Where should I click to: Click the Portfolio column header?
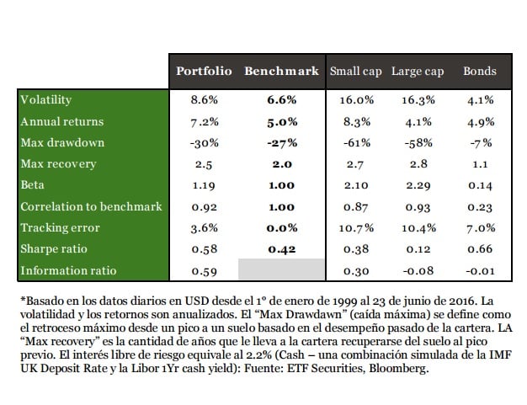pyautogui.click(x=204, y=72)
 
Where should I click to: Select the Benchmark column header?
pyautogui.click(x=282, y=72)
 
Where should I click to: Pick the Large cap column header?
pyautogui.click(x=418, y=72)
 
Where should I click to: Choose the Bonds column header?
pyautogui.click(x=480, y=72)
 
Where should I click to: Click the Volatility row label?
pyautogui.click(x=46, y=99)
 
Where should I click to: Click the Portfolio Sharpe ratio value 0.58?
pyautogui.click(x=205, y=249)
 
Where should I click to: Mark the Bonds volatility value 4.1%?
pyautogui.click(x=480, y=99)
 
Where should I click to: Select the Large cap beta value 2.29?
pyautogui.click(x=418, y=185)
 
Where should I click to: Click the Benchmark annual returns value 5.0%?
pyautogui.click(x=283, y=121)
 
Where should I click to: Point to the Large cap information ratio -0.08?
pyautogui.click(x=418, y=271)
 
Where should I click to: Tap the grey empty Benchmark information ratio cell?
pyautogui.click(x=282, y=271)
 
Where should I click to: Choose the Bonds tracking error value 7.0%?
pyautogui.click(x=480, y=228)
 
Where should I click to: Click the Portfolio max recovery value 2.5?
pyautogui.click(x=205, y=164)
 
